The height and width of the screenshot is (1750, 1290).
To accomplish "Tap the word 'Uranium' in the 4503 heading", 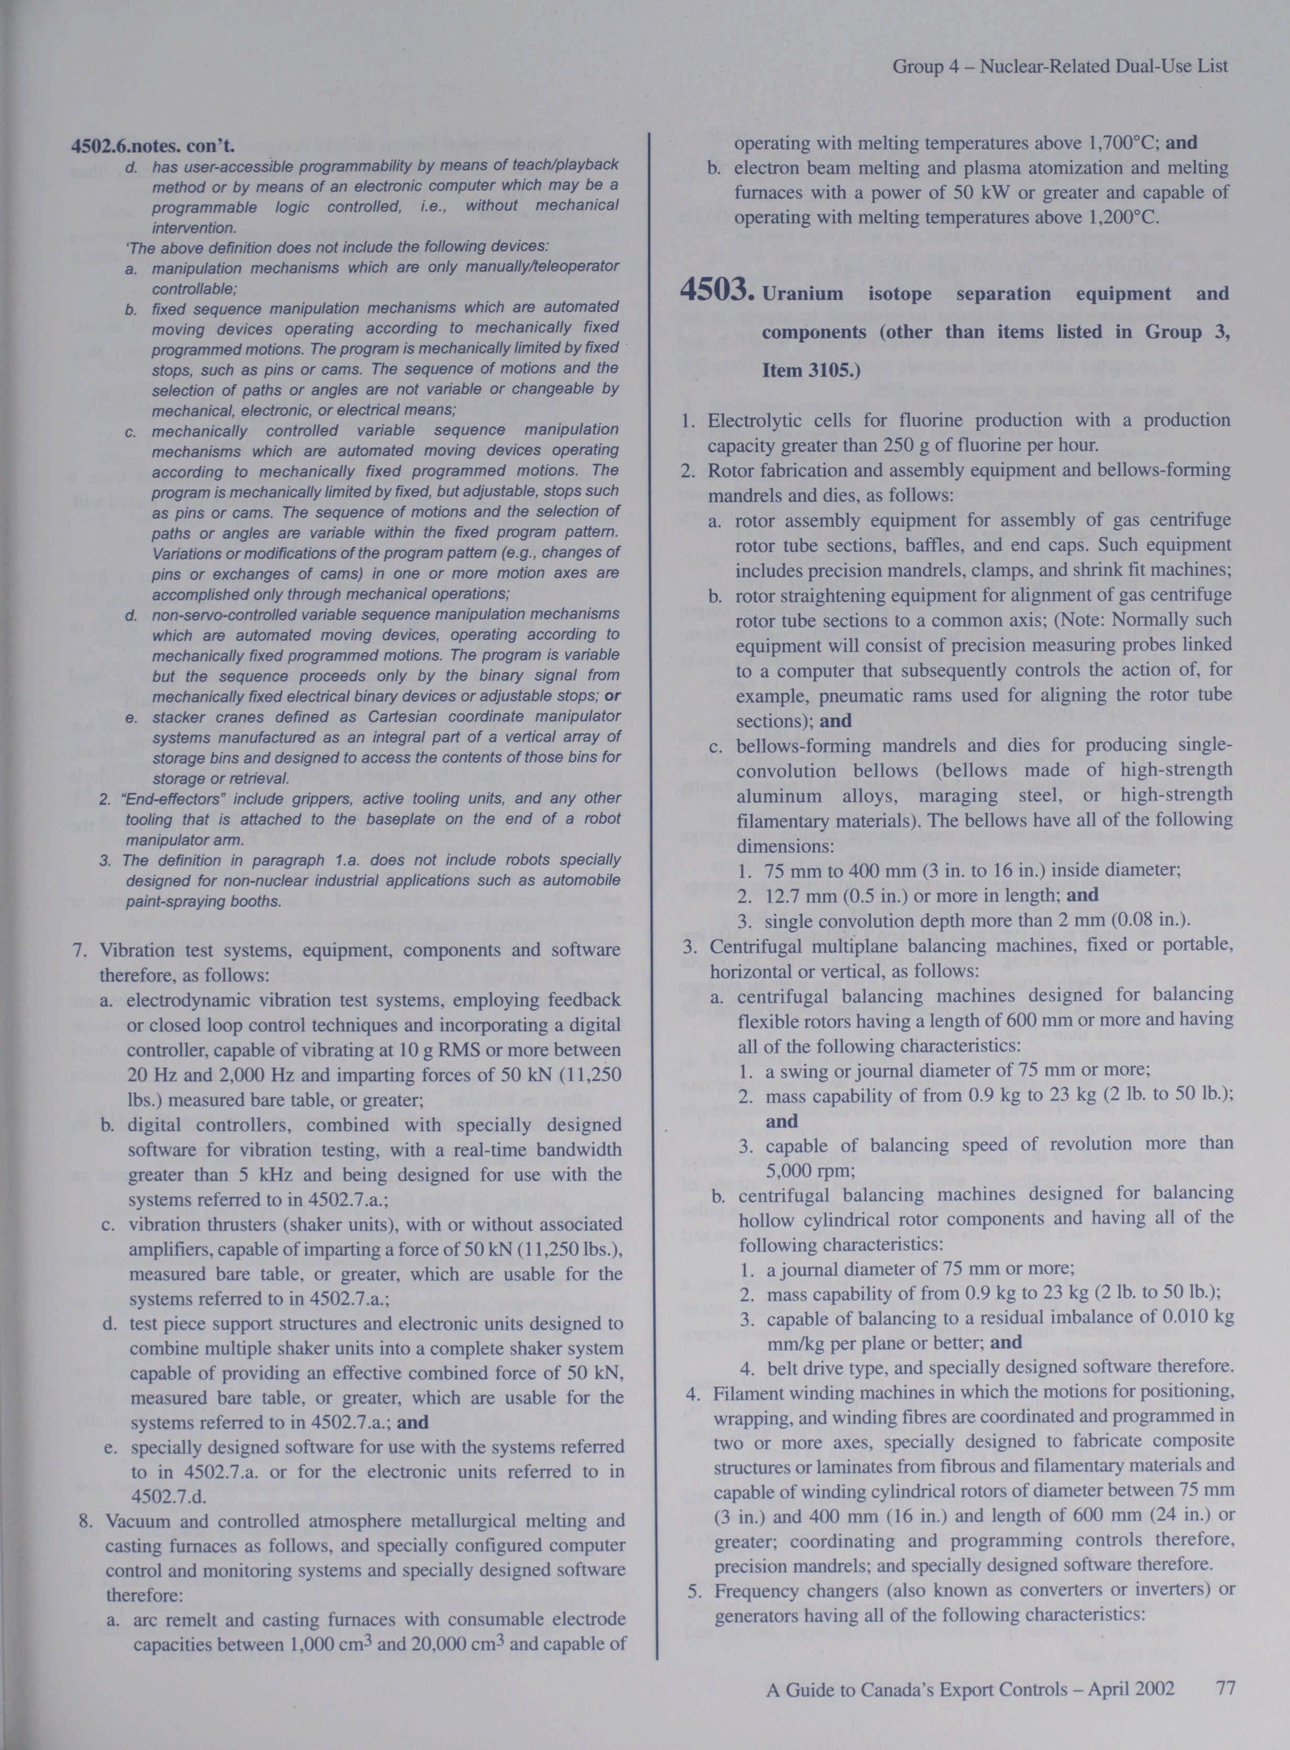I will [802, 294].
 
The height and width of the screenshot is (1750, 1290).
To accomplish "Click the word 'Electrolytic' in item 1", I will [755, 421].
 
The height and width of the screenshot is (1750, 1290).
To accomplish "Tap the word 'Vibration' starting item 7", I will [139, 950].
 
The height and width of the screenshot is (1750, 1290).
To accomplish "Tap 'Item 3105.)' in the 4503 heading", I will [811, 369].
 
